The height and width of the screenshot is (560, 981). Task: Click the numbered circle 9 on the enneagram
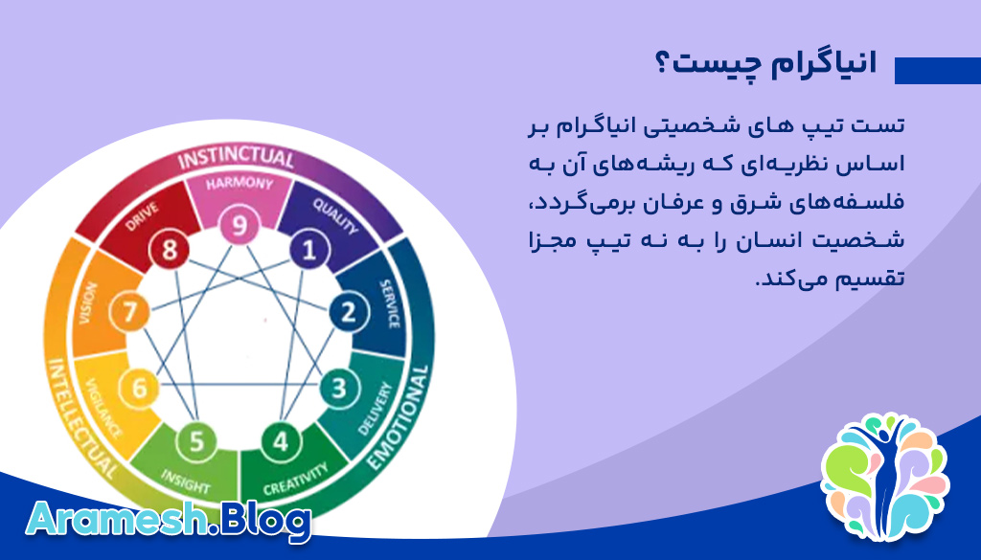pos(239,224)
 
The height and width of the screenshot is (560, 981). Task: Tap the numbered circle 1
pos(309,250)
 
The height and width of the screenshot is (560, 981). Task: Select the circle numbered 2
pos(349,311)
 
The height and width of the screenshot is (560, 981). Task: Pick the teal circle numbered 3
pos(339,388)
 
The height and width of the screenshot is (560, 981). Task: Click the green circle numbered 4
pos(281,442)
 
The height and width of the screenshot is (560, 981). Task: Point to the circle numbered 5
pos(196,441)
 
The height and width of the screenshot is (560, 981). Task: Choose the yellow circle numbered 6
pos(139,388)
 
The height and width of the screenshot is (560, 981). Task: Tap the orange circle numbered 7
pos(129,311)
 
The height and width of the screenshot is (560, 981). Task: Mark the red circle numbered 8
pos(169,250)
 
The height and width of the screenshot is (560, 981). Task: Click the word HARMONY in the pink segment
pos(240,183)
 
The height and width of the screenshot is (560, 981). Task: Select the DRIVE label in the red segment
pos(142,215)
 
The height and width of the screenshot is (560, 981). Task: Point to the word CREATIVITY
pos(295,479)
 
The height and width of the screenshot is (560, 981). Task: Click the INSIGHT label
pos(185,481)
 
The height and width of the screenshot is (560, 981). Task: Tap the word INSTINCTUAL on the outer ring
pos(236,158)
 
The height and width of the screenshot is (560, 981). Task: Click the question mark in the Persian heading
pos(663,63)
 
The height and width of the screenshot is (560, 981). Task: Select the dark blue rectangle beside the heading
pos(938,71)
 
